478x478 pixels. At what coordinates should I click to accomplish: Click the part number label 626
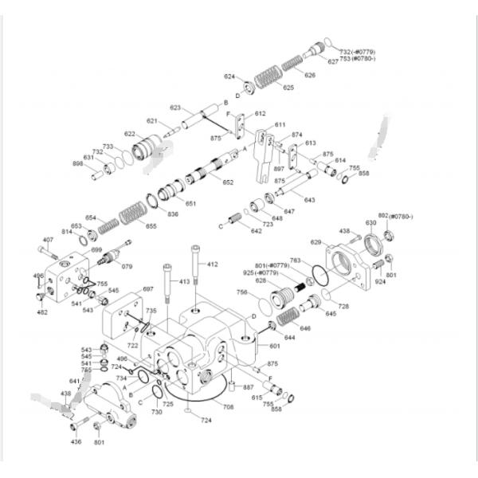tap(310, 75)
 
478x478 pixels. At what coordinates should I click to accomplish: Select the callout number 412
tap(213, 264)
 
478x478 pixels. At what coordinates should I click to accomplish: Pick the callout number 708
tap(228, 406)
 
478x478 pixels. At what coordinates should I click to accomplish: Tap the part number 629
tap(315, 242)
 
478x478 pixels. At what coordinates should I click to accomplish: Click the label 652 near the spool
tap(228, 182)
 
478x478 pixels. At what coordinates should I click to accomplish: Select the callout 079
tap(127, 266)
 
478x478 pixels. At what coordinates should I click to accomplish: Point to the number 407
tap(48, 240)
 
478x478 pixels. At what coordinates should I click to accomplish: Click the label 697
tap(148, 289)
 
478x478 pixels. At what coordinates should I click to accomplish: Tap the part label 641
tap(76, 382)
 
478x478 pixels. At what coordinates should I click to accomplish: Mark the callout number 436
tap(76, 441)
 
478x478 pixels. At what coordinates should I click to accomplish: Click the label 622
tap(130, 134)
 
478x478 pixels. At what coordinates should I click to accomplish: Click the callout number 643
tap(309, 199)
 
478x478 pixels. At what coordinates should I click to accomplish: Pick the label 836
tap(173, 214)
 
